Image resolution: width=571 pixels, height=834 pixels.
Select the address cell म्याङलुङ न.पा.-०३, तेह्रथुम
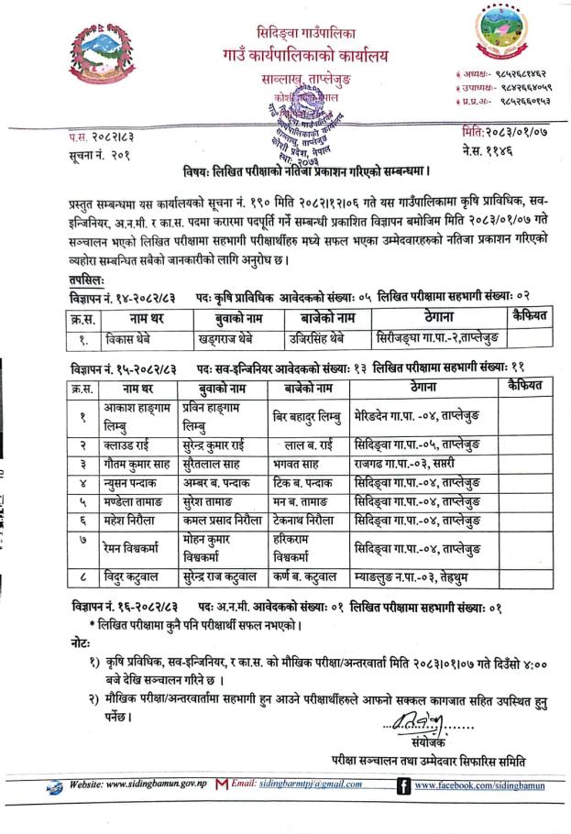pos(412,579)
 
